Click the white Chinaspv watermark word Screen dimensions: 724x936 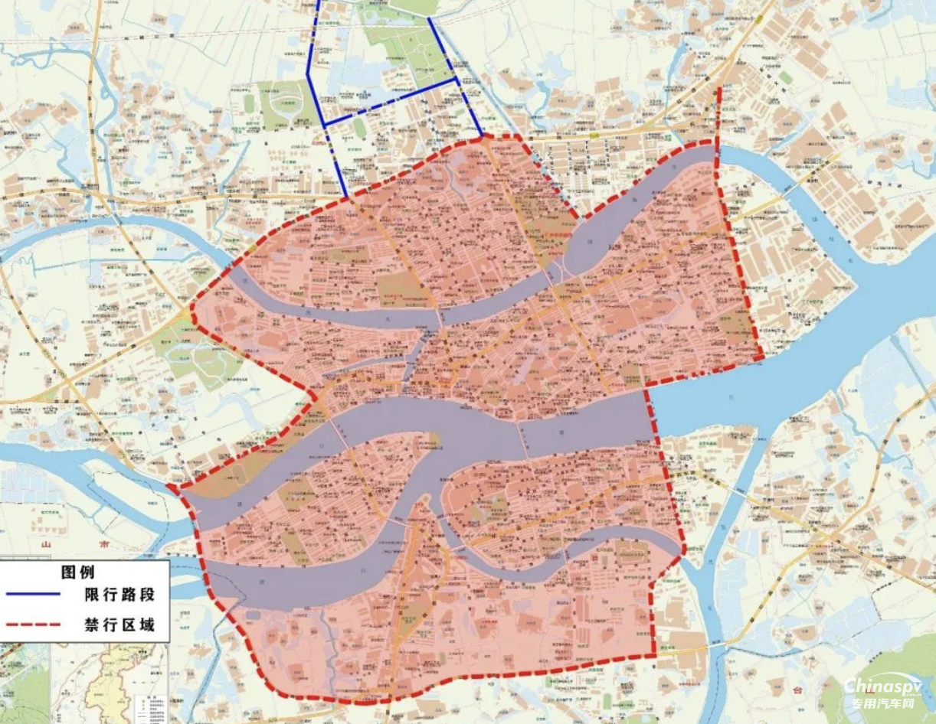(x=882, y=686)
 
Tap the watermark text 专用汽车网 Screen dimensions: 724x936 (x=882, y=703)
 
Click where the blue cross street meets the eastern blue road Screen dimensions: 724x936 (x=457, y=79)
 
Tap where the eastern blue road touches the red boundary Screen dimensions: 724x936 (x=483, y=137)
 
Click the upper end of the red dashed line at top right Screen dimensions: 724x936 (x=719, y=88)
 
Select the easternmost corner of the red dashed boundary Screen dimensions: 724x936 (x=761, y=357)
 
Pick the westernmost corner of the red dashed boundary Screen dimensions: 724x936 (x=170, y=486)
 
